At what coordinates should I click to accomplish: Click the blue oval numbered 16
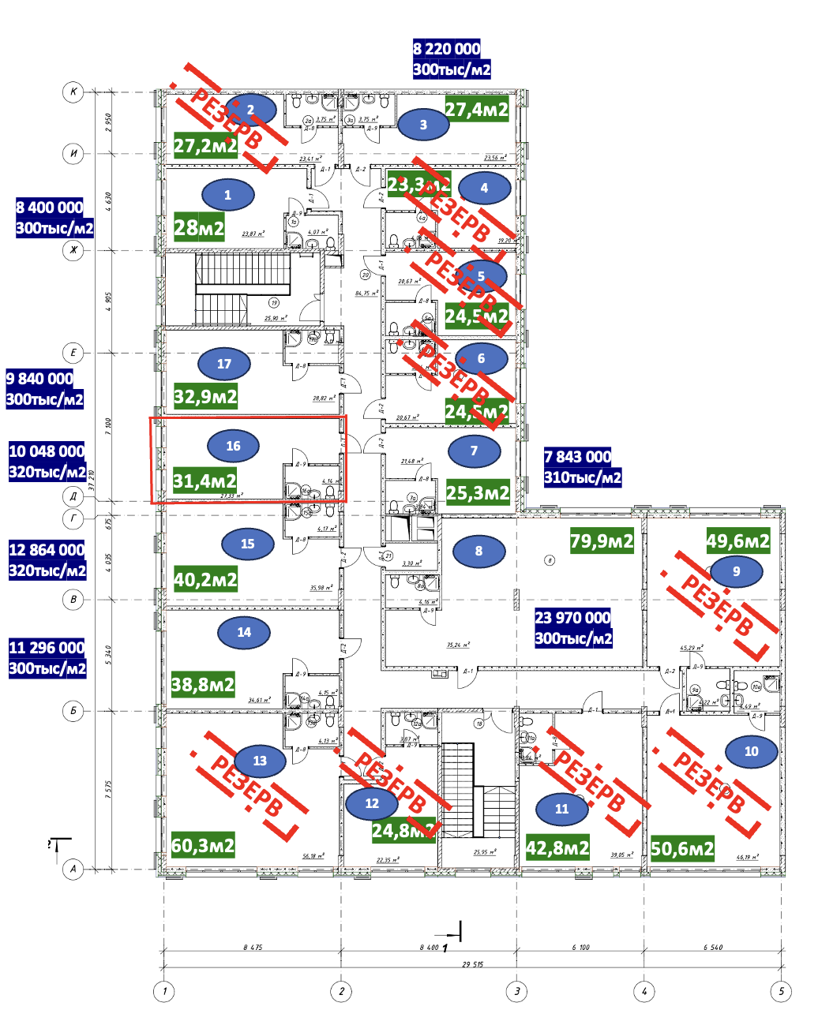point(233,446)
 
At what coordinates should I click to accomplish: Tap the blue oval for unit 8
point(478,551)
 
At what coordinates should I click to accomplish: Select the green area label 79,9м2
point(602,541)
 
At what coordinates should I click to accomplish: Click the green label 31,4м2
point(205,481)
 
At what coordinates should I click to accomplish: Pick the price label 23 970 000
point(573,618)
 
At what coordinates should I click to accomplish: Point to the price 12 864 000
point(47,550)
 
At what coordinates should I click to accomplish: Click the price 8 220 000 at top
point(446,49)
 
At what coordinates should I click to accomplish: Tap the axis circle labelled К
point(73,92)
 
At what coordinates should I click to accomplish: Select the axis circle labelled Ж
point(73,251)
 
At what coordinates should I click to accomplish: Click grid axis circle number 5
point(780,992)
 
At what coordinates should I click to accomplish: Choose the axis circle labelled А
point(73,870)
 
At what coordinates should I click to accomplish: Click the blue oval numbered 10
point(751,751)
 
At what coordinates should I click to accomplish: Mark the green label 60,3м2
point(203,845)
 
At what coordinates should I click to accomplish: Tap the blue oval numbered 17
point(224,364)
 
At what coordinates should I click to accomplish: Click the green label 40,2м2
point(205,580)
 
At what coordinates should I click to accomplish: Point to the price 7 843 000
point(577,457)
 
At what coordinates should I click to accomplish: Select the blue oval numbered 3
point(423,125)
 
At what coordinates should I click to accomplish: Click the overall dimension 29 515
point(472,964)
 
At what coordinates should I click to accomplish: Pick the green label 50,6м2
point(682,849)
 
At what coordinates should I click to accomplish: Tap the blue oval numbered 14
point(244,632)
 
